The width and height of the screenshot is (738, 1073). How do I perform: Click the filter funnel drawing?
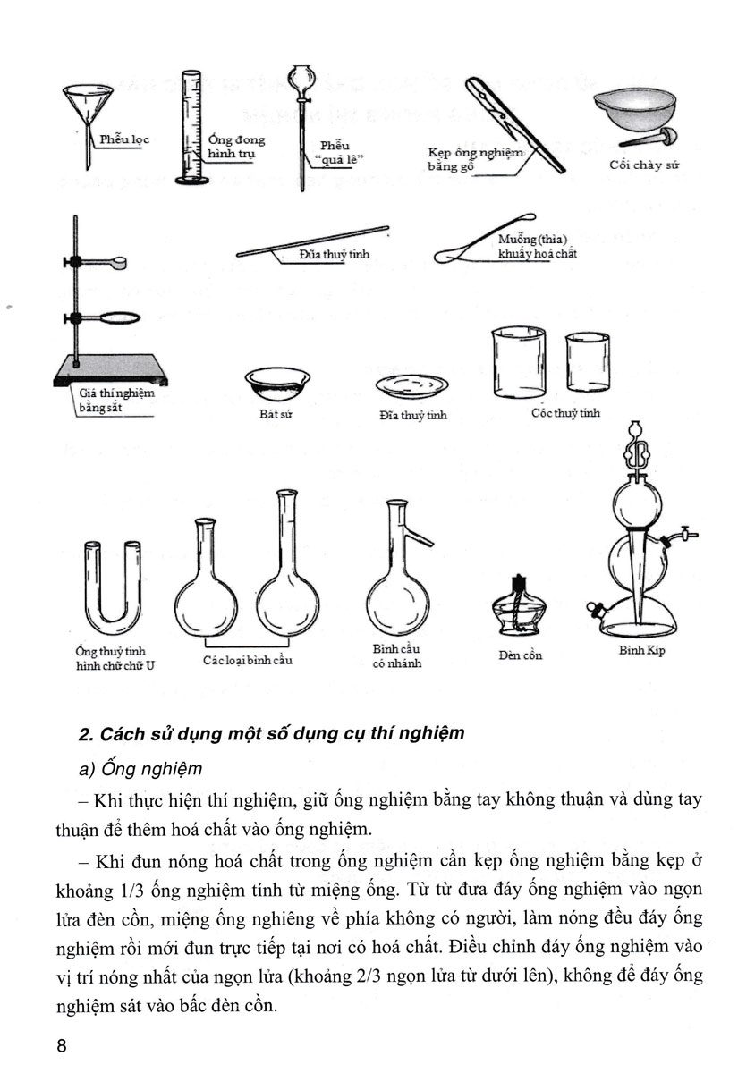89,107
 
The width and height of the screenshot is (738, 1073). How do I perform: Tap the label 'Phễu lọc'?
124,139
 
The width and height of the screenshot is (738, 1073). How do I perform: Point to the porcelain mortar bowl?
631,111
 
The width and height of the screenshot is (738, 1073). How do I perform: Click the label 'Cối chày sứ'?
639,165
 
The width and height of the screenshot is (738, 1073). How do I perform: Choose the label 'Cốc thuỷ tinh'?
564,413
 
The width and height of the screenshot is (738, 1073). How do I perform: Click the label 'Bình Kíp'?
642,650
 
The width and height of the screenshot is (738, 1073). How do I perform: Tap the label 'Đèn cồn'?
521,655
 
